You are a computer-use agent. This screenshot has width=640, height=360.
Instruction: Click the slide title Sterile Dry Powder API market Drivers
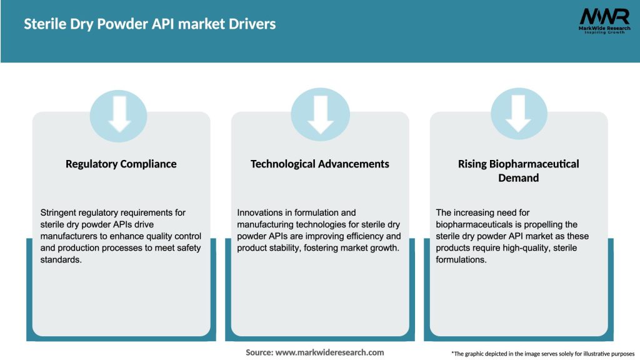pyautogui.click(x=149, y=24)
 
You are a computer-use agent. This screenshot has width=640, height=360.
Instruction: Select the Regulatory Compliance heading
pyautogui.click(x=121, y=164)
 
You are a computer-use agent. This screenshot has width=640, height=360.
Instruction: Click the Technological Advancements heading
pyautogui.click(x=319, y=164)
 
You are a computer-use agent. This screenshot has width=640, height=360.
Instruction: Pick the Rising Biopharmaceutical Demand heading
pyautogui.click(x=518, y=171)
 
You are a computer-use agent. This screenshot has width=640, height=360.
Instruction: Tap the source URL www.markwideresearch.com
pyautogui.click(x=329, y=352)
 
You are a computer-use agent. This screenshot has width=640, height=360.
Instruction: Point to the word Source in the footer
pyautogui.click(x=259, y=352)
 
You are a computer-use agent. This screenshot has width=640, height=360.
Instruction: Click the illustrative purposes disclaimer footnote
pyautogui.click(x=542, y=354)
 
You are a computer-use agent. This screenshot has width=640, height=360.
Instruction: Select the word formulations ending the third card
pyautogui.click(x=461, y=260)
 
